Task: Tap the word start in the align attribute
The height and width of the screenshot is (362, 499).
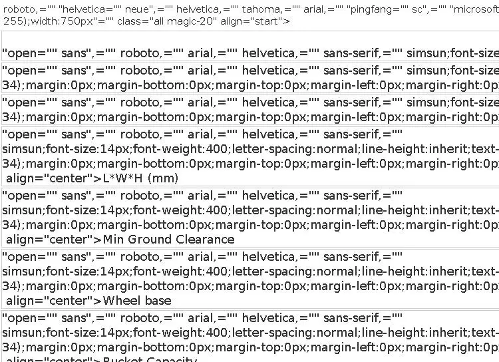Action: coord(269,21)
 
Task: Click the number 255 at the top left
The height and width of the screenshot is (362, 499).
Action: coord(10,21)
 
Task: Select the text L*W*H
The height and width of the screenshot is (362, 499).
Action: coord(124,178)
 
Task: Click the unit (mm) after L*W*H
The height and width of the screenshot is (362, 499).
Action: coord(164,178)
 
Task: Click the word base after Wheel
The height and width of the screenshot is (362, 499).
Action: coord(156,301)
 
